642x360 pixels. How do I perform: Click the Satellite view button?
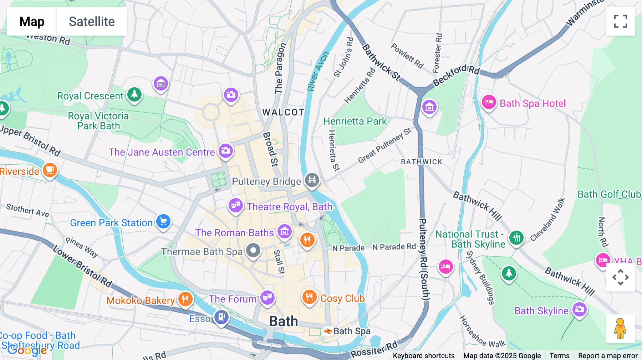pyautogui.click(x=92, y=21)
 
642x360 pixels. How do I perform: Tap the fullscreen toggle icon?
pyautogui.click(x=620, y=21)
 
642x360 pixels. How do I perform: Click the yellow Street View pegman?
pyautogui.click(x=620, y=328)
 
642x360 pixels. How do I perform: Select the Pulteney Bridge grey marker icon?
pyautogui.click(x=312, y=179)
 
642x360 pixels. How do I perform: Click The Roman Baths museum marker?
pyautogui.click(x=284, y=232)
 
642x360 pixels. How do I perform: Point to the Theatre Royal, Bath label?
pyautogui.click(x=289, y=207)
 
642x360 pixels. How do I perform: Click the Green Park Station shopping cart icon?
pyautogui.click(x=163, y=222)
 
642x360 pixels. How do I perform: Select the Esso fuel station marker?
pyautogui.click(x=221, y=317)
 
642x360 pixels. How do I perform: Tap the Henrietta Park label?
pyautogui.click(x=355, y=121)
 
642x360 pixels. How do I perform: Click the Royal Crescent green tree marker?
pyautogui.click(x=134, y=94)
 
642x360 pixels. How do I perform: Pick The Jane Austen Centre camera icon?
pyautogui.click(x=225, y=151)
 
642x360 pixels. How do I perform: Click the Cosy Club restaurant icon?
pyautogui.click(x=309, y=297)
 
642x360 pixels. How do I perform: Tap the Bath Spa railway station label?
pyautogui.click(x=352, y=331)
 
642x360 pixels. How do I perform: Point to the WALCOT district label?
pyautogui.click(x=283, y=112)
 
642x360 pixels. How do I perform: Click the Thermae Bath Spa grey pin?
pyautogui.click(x=253, y=250)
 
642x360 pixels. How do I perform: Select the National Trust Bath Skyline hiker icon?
pyautogui.click(x=516, y=237)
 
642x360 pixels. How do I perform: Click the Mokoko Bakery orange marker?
pyautogui.click(x=185, y=299)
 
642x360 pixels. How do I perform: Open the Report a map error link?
pyautogui.click(x=608, y=355)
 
